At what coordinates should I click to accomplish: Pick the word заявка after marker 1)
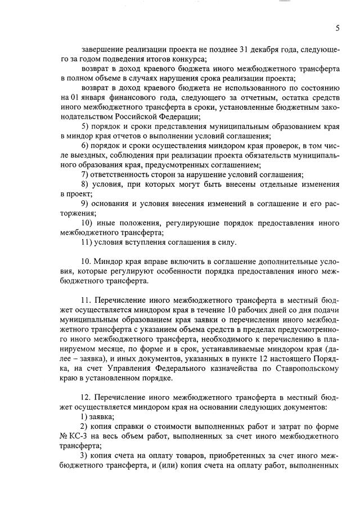pyautogui.click(x=102, y=416)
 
